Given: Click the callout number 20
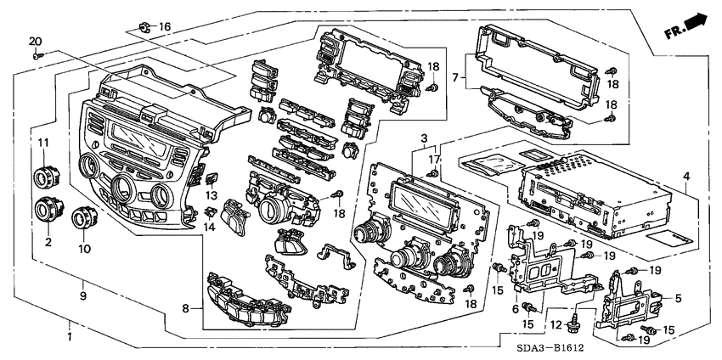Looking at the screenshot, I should coord(35,42).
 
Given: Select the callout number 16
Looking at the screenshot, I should coord(164,27).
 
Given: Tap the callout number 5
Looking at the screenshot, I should coord(679,298).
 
